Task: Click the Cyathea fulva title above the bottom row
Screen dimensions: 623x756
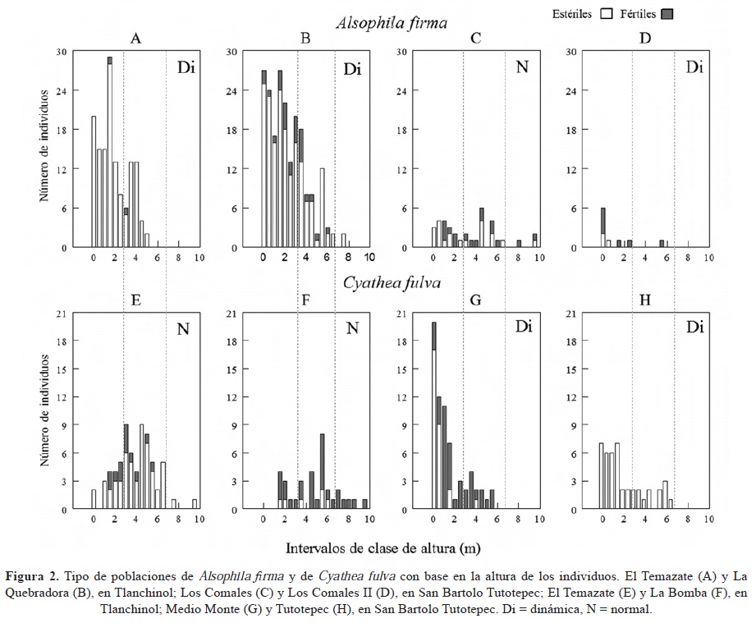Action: (x=392, y=283)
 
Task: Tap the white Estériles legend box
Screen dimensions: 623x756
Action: (x=607, y=13)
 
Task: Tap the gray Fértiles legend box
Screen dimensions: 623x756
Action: (x=667, y=13)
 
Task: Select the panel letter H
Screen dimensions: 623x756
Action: (x=645, y=300)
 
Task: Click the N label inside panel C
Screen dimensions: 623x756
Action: (x=521, y=67)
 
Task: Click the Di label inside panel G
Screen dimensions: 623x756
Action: (x=523, y=327)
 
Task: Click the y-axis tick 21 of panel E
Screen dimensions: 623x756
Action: (x=62, y=313)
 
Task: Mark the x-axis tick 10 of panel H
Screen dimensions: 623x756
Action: (x=708, y=520)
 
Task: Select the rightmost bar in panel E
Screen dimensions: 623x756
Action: (x=195, y=504)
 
